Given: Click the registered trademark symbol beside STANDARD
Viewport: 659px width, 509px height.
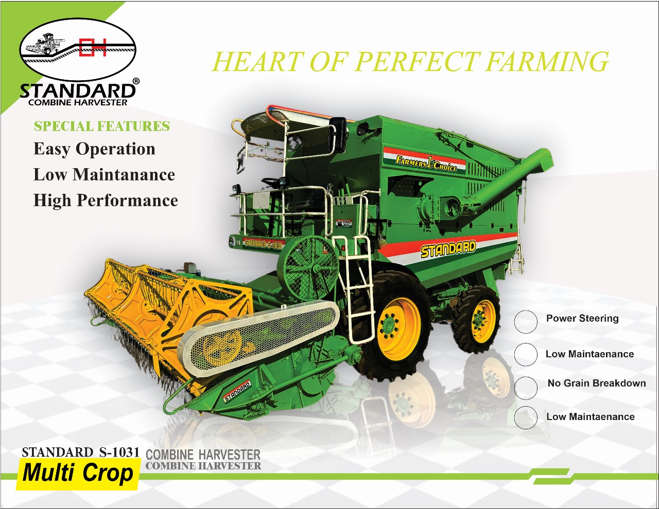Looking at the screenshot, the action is tap(136, 81).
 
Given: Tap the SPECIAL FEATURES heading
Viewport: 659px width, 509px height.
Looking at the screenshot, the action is tap(101, 126).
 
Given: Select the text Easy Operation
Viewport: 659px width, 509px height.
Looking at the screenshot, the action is tap(94, 149).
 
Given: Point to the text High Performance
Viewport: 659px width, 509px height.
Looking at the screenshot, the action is tap(106, 201).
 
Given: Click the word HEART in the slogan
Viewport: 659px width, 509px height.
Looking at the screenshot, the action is tap(258, 62).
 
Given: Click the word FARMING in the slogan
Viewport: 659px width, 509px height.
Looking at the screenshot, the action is tap(546, 62).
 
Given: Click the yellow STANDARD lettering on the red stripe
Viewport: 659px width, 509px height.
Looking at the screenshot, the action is tap(448, 249).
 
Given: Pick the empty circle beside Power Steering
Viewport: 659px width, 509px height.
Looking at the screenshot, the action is tap(526, 322).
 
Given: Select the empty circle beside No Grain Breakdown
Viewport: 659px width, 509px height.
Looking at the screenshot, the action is tap(526, 388).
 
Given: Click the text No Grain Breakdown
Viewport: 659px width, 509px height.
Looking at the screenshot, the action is tap(597, 383).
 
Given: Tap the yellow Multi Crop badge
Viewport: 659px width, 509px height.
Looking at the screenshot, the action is tap(78, 474).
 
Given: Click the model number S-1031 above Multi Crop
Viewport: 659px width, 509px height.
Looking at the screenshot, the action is tap(119, 452).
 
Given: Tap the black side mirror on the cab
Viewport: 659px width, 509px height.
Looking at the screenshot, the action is tap(338, 135).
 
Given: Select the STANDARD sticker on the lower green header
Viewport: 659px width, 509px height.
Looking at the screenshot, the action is tap(237, 391).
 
